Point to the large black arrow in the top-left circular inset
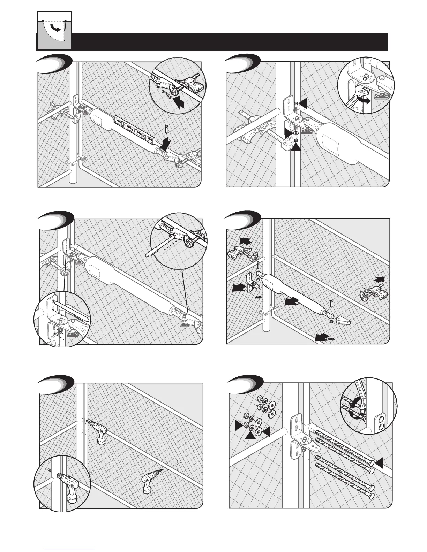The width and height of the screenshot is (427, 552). click(177, 102)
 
